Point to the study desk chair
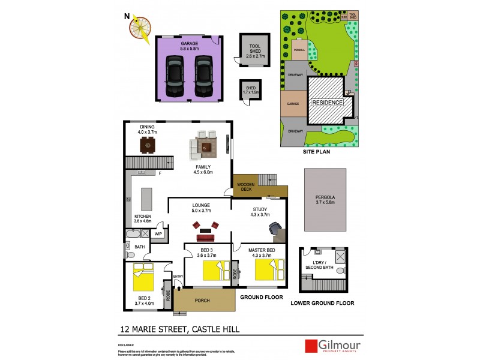click(275, 229)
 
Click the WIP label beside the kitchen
click(158, 234)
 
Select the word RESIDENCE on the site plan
click(328, 103)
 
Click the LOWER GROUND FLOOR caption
click(322, 304)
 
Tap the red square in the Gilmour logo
click(311, 347)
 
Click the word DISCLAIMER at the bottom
click(126, 346)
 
